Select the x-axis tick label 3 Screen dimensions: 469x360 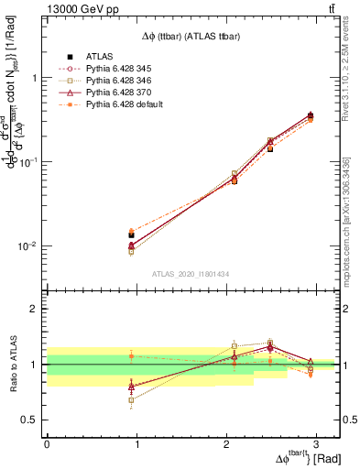click(x=316, y=443)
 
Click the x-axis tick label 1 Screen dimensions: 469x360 click(x=136, y=443)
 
